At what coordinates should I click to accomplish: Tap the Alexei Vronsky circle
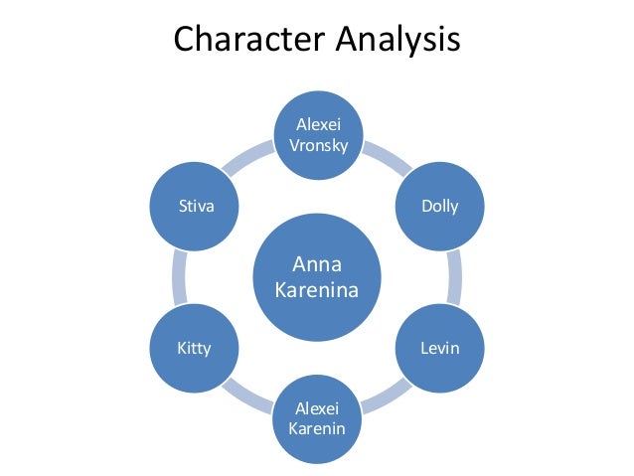point(317,133)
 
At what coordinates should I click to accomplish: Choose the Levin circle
point(440,348)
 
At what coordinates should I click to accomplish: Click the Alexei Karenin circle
point(317,419)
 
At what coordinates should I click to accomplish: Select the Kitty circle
point(194,348)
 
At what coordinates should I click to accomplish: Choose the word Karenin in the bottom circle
point(317,429)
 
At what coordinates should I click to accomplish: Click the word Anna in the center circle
point(317,264)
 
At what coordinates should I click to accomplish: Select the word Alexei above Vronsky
point(317,123)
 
